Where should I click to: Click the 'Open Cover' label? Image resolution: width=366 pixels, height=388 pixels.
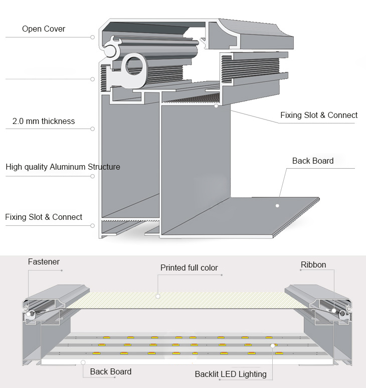pos(43,29)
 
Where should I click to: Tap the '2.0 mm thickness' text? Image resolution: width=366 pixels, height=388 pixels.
pos(44,121)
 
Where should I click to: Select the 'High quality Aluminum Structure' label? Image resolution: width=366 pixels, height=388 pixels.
pos(63,167)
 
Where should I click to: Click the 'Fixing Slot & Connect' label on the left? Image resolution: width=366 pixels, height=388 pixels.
pos(44,217)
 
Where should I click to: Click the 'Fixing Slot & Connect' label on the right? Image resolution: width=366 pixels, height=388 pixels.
pos(319,115)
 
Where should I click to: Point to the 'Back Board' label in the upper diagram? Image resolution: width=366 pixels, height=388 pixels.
pos(313,161)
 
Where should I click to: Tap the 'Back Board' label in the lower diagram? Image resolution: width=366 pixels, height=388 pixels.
pos(111,372)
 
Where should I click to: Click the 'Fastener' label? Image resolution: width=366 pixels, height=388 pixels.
pos(44,262)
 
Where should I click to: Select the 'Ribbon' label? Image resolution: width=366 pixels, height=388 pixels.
pos(313,265)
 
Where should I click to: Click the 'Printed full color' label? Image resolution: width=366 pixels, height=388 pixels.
pos(189,268)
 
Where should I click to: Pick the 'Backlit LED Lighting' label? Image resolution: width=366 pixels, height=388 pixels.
pos(231,374)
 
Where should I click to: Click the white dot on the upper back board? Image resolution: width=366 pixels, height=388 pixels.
pos(277,205)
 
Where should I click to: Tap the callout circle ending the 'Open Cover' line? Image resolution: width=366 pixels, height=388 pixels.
pos(93,37)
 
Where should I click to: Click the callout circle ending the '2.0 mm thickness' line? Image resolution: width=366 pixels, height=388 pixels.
pos(93,129)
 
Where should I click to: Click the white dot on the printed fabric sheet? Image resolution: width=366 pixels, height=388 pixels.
pos(157,297)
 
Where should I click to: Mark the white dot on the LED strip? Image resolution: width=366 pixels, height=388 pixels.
pos(273,345)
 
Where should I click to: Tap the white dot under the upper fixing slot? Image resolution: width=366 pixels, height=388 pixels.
pos(216,106)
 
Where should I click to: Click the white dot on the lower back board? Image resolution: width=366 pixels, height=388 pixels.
pos(83,361)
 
